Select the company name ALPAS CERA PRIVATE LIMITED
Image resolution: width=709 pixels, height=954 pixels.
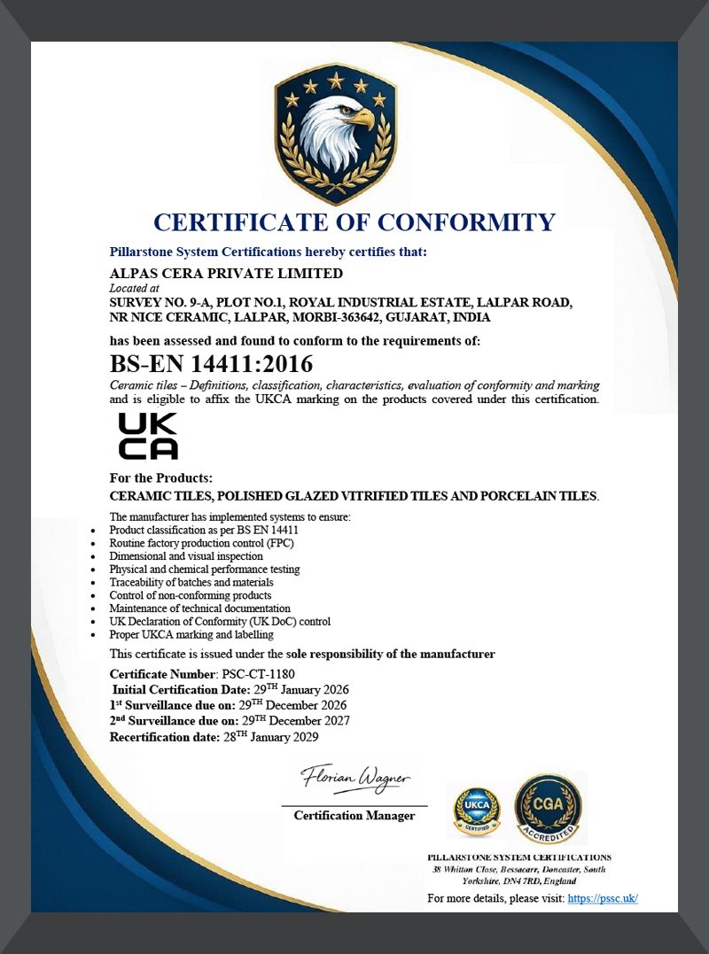click(x=225, y=273)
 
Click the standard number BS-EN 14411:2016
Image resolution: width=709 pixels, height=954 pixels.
click(x=211, y=364)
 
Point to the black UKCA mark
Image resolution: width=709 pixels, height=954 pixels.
click(x=148, y=436)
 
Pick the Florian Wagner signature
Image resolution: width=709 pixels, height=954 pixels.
click(x=355, y=779)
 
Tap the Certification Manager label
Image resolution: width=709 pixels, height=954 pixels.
click(x=354, y=816)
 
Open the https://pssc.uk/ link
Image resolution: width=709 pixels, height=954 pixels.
click(x=603, y=898)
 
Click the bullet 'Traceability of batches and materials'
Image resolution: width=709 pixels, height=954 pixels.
click(x=191, y=582)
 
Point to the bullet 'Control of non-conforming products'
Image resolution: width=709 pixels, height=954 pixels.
click(x=190, y=595)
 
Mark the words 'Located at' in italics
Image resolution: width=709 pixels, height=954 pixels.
click(x=134, y=288)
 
